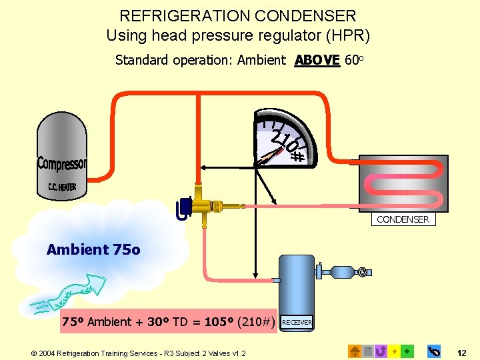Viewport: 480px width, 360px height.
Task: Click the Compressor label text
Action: [62, 163]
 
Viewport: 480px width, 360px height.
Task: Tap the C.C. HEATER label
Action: [62, 187]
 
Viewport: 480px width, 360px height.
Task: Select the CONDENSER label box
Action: [403, 219]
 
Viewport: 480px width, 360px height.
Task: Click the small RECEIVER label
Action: [297, 323]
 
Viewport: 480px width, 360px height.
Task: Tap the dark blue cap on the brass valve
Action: [181, 209]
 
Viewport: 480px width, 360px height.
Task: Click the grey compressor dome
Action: [62, 143]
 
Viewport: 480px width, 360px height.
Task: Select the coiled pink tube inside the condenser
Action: [403, 183]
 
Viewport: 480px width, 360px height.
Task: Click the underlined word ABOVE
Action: [317, 60]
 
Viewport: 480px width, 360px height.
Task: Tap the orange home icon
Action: [355, 350]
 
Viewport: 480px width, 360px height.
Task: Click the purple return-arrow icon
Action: [381, 350]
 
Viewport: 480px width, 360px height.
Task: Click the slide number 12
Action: [462, 351]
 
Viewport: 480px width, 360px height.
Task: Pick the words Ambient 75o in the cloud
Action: [93, 250]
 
